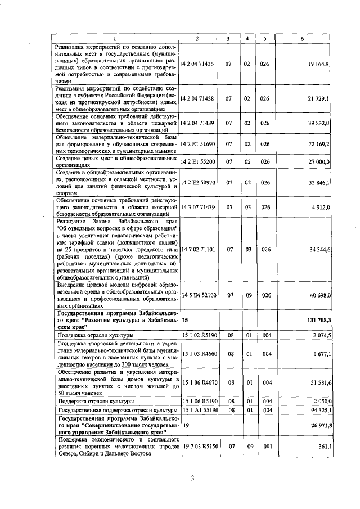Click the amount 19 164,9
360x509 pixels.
[x=318, y=65]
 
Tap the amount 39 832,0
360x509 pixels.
[x=318, y=121]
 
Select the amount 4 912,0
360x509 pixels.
[x=321, y=207]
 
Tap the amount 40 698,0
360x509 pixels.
[x=318, y=294]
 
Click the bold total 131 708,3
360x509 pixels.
[x=317, y=319]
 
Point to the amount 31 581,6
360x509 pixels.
[x=318, y=382]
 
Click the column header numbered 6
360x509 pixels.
[x=303, y=38]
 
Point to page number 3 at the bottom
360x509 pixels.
[x=192, y=479]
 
